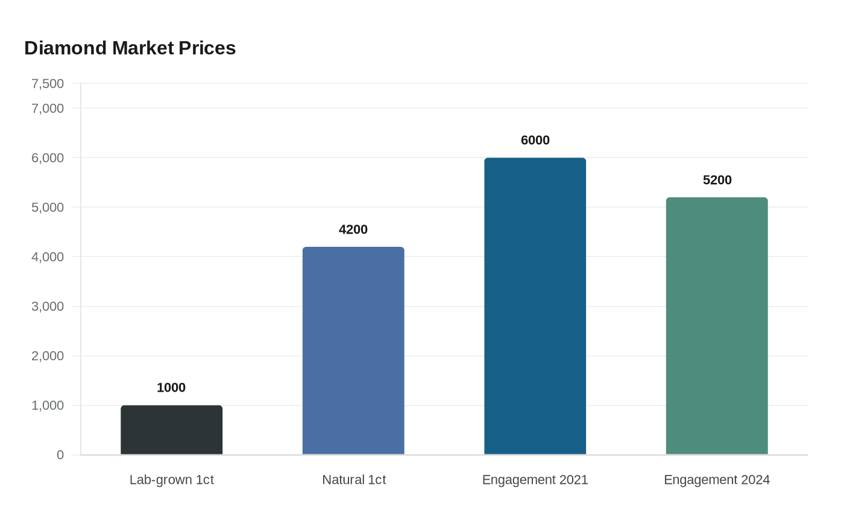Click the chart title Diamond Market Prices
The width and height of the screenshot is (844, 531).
click(x=130, y=48)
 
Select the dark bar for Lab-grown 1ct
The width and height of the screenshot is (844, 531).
click(x=171, y=430)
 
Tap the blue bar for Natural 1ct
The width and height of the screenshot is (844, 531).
click(x=353, y=351)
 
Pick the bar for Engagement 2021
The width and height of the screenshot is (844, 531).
click(x=535, y=306)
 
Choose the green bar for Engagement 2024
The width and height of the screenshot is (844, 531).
click(x=717, y=326)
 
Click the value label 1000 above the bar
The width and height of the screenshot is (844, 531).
click(x=171, y=387)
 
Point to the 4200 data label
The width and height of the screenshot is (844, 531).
click(x=353, y=229)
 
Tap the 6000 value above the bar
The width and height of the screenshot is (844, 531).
click(x=535, y=140)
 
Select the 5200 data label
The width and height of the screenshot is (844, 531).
click(x=717, y=180)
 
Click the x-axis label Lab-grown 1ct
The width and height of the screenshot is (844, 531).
click(x=171, y=480)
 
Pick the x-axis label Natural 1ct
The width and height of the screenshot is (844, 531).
click(x=354, y=480)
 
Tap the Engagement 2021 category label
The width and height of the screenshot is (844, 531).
click(x=535, y=480)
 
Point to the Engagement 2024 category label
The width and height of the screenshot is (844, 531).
click(x=717, y=480)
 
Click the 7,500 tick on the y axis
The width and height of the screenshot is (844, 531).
click(x=48, y=83)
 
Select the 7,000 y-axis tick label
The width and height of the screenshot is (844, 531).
click(x=48, y=108)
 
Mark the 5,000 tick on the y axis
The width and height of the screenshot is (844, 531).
click(x=48, y=207)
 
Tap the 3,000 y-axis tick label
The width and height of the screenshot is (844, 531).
click(x=48, y=307)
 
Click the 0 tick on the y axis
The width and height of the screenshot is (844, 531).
click(x=60, y=455)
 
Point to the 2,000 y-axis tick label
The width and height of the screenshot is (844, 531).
click(x=48, y=356)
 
